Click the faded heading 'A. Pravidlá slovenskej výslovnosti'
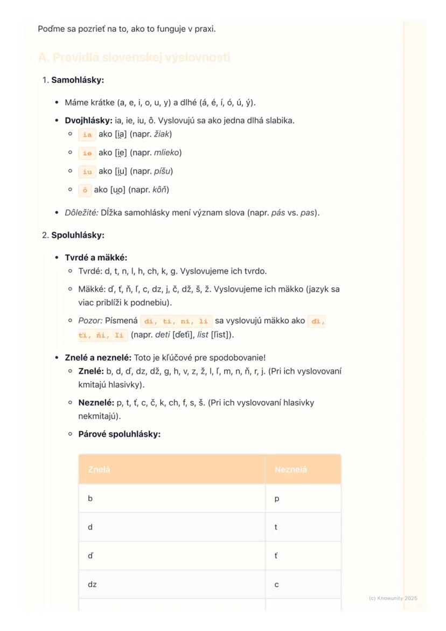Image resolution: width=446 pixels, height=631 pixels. coord(134,58)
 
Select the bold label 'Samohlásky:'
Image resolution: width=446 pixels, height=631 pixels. coord(78,80)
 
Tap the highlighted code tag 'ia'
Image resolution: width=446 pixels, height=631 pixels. coord(87,134)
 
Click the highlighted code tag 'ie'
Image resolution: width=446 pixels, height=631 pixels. coord(87,153)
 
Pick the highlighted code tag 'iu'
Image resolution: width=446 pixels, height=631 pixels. coord(87,172)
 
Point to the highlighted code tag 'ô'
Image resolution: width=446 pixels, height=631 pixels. coord(85,190)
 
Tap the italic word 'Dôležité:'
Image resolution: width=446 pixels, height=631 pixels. coord(82,213)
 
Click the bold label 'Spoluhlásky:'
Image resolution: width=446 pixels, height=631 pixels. coord(78,235)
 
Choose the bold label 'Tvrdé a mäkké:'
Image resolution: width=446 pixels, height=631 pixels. coord(96,258)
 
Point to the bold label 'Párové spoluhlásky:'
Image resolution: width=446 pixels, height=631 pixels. coord(120,434)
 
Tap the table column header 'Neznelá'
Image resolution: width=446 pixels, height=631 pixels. coord(290,470)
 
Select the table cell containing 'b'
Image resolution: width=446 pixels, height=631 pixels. coord(172,499)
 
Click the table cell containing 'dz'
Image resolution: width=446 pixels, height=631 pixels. coord(172,585)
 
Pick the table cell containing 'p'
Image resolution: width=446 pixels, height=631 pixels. coord(303,499)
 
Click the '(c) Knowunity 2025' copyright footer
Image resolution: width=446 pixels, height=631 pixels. coord(393,598)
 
